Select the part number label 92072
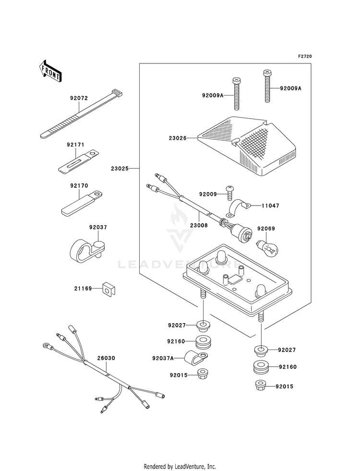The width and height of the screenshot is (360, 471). coord(79,98)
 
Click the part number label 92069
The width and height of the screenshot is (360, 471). coord(265,229)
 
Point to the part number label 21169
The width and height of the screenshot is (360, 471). coord(83,289)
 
